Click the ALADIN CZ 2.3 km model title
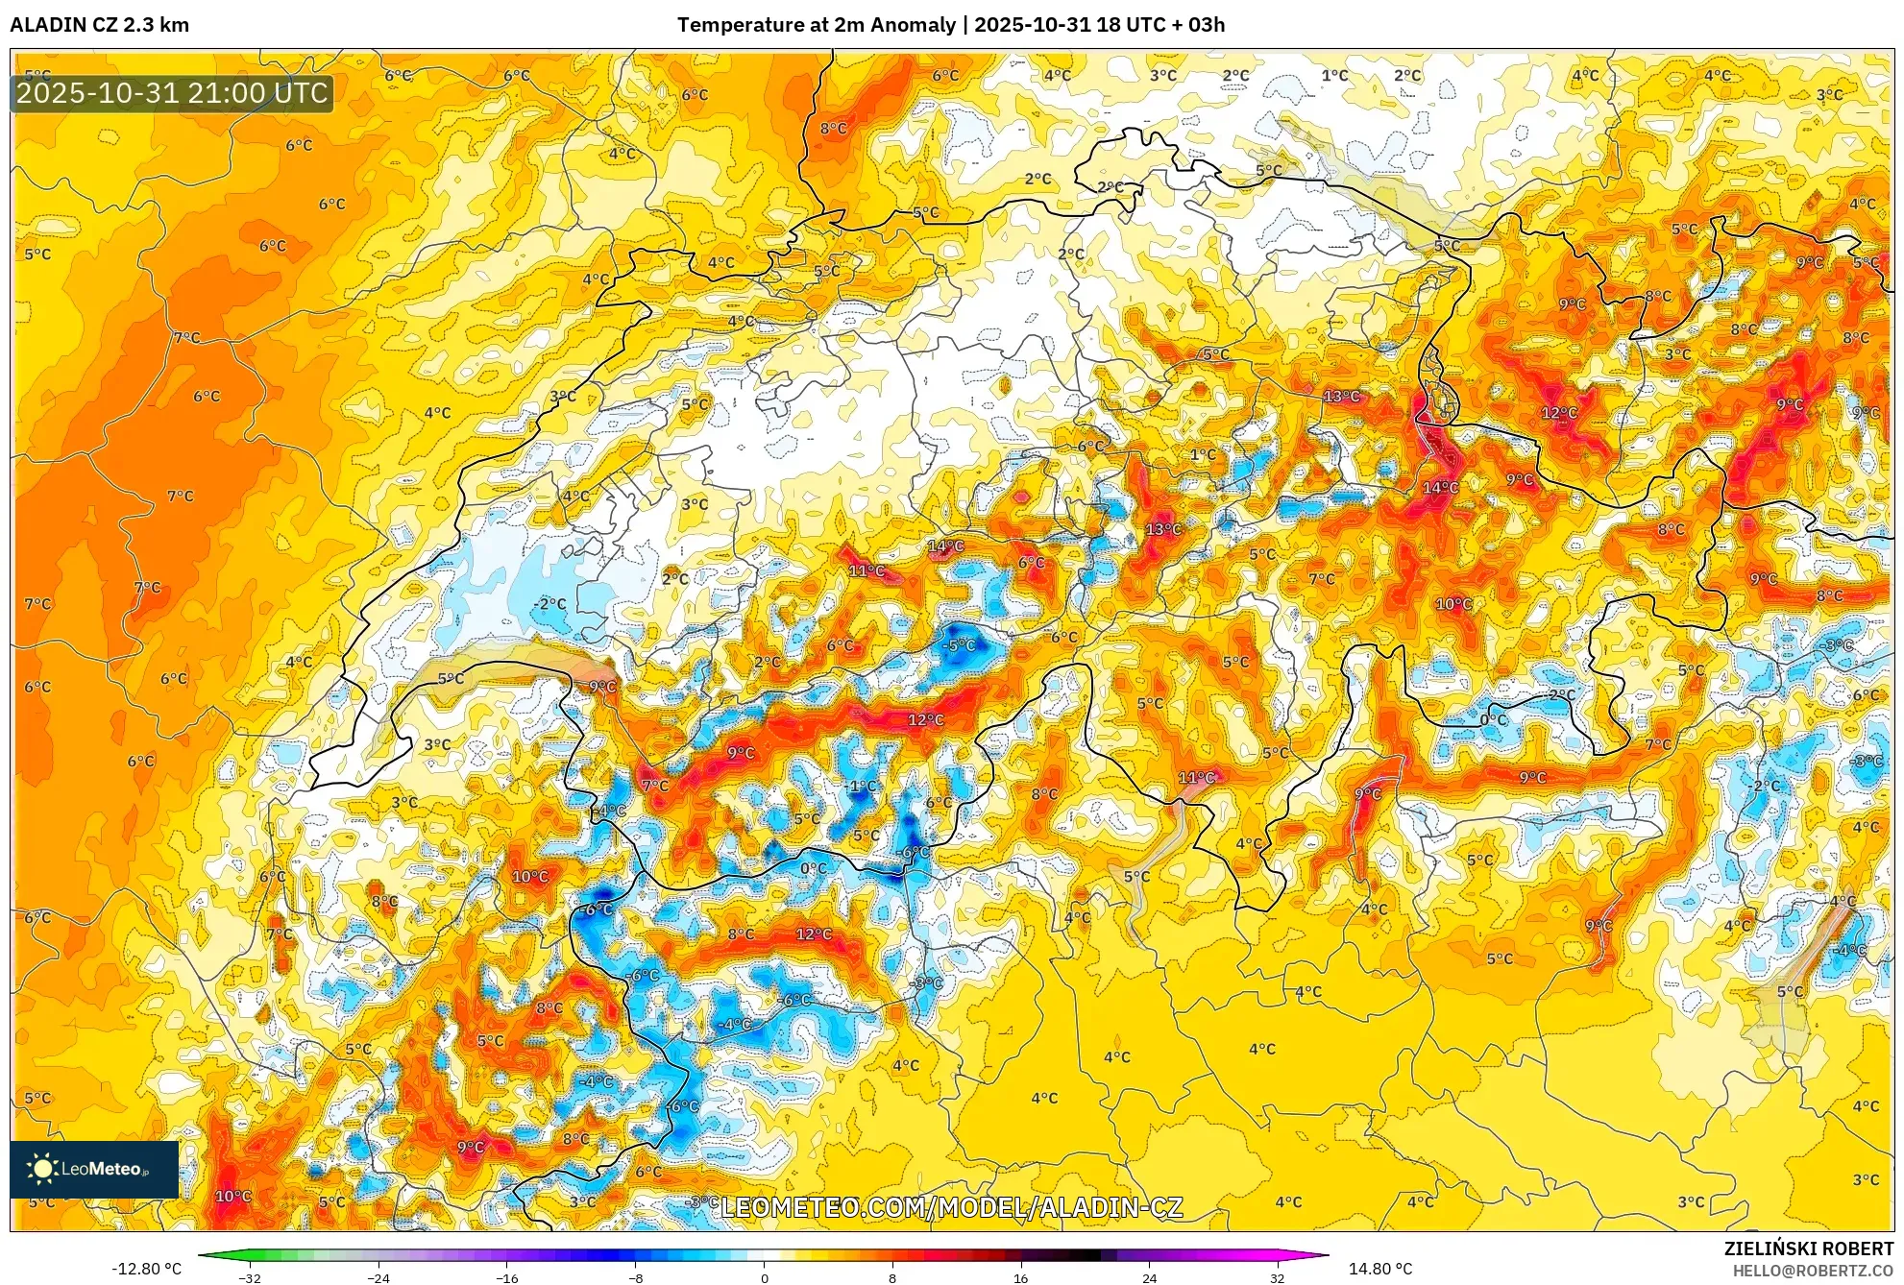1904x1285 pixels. pos(99,25)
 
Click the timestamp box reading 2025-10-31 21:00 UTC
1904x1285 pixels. pos(172,93)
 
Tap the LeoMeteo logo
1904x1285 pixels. pos(93,1169)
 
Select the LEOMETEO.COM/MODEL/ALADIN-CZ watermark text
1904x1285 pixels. pos(951,1207)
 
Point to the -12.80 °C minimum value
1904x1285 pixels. pos(146,1269)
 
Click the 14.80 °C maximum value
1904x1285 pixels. pos(1380,1269)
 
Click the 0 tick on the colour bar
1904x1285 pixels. pos(765,1277)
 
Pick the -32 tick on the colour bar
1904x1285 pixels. pos(250,1277)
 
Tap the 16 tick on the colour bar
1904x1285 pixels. pos(1020,1277)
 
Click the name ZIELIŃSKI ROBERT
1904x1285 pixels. pos(1808,1249)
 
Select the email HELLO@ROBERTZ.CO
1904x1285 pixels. pos(1812,1271)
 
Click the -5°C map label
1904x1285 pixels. pos(959,644)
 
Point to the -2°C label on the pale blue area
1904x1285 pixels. pos(550,603)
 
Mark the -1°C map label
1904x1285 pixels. pos(862,786)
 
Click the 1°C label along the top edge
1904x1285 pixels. pos(1334,75)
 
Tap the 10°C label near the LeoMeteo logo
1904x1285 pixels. pos(232,1196)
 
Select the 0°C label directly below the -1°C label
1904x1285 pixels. pos(813,868)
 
